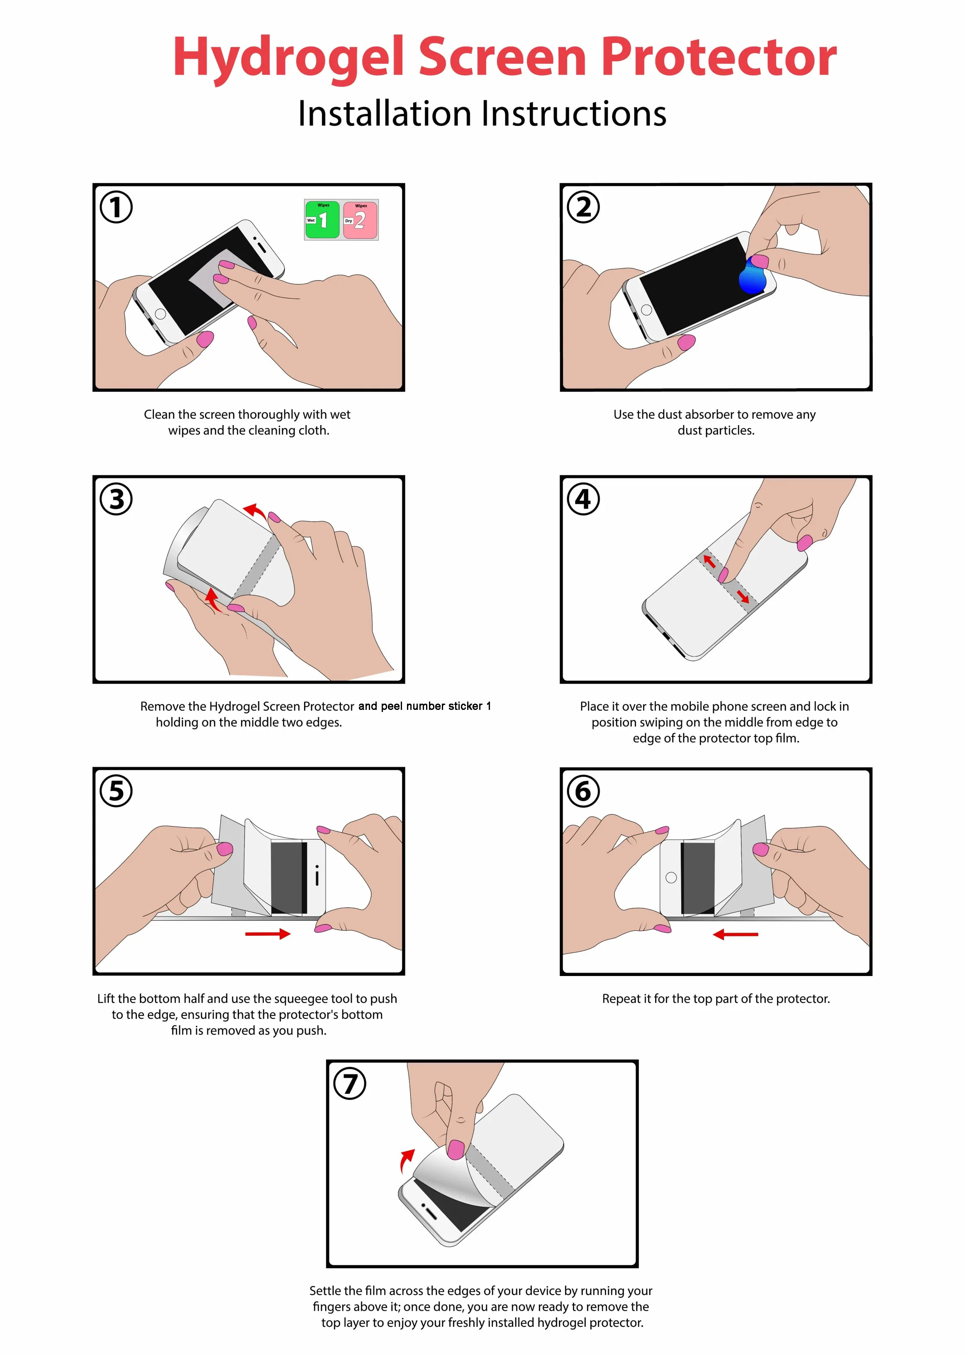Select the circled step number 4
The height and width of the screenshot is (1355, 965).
(x=583, y=499)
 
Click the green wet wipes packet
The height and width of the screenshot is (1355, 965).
(x=322, y=219)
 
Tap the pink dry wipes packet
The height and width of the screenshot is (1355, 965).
(x=360, y=219)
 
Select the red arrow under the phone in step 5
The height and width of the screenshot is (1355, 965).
(x=268, y=934)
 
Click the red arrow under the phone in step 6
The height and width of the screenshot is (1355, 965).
(x=736, y=934)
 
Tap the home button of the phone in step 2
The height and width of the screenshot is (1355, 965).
(x=646, y=310)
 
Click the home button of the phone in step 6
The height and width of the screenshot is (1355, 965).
(x=671, y=878)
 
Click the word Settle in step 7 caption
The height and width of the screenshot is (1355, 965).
(x=326, y=1291)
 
